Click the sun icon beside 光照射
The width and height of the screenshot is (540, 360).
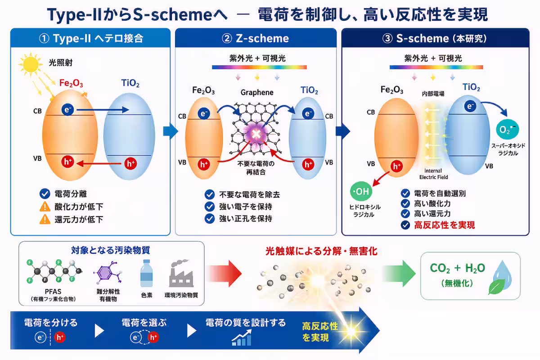pos(31,64)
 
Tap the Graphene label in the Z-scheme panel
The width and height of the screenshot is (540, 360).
pos(257,92)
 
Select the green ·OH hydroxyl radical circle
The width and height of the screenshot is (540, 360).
pos(361,191)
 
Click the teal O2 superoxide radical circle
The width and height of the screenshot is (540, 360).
pos(508,129)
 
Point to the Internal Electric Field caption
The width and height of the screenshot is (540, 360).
pos(433,174)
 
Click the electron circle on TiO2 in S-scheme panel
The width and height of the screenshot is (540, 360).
pos(470,106)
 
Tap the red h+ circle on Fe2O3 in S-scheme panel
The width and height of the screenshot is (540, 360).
pos(396,166)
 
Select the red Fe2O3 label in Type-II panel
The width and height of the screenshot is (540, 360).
pos(71,83)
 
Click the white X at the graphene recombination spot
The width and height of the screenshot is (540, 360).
pos(256,134)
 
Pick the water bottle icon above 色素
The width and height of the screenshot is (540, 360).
pos(147,273)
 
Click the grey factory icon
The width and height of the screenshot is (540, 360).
pos(181,273)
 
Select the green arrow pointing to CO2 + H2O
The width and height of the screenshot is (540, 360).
pos(399,274)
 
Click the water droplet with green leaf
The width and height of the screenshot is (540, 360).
pos(501,277)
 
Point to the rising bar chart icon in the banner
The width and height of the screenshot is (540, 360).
pos(242,338)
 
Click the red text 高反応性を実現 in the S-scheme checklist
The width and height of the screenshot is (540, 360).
pos(445,225)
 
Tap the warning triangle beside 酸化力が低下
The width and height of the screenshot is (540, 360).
pos(45,207)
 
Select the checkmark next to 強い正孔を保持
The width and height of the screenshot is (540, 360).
pos(210,218)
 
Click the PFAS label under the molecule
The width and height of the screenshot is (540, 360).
pos(53,292)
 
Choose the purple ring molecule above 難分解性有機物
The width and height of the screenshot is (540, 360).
pos(108,272)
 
